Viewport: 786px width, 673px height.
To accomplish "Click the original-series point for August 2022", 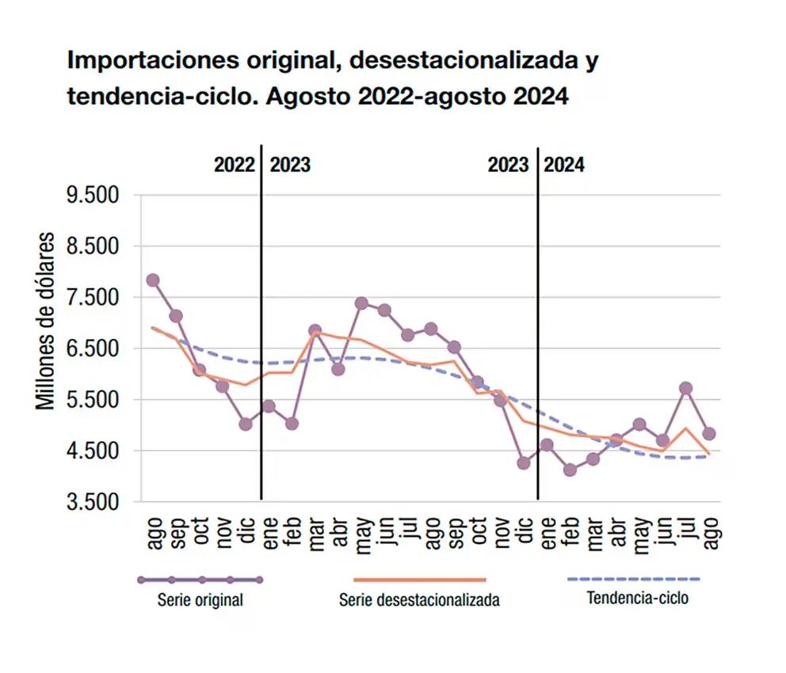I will tap(153, 280).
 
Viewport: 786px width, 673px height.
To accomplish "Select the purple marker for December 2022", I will tap(246, 424).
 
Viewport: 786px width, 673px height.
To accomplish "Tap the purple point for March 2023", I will tap(315, 331).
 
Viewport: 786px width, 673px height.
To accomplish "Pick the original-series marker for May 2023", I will tap(361, 303).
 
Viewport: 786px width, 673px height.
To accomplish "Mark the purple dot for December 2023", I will tap(524, 463).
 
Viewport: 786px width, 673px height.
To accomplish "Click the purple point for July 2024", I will tap(686, 388).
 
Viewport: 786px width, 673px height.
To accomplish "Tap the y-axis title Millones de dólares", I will tap(47, 321).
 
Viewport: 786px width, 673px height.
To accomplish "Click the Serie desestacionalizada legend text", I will tap(419, 600).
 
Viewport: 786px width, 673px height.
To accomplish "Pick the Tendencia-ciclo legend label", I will tap(637, 598).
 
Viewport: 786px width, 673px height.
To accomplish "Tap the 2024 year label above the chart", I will tap(565, 165).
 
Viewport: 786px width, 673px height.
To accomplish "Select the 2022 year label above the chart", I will tap(235, 165).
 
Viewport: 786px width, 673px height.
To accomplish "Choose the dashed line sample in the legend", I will tap(634, 580).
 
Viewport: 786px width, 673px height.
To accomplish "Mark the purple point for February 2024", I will tap(570, 470).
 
